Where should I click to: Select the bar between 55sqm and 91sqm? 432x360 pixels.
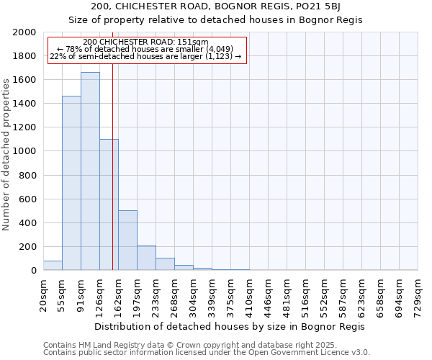pyautogui.click(x=71, y=183)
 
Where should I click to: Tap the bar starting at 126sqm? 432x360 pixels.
pyautogui.click(x=109, y=204)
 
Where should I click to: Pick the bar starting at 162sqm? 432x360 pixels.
pyautogui.click(x=127, y=240)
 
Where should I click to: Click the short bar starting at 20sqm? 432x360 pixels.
pyautogui.click(x=53, y=266)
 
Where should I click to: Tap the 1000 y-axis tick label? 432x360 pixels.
pyautogui.click(x=25, y=152)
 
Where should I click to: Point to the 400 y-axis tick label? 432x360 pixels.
pyautogui.click(x=28, y=223)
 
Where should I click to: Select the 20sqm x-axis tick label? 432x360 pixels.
pyautogui.click(x=44, y=295)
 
